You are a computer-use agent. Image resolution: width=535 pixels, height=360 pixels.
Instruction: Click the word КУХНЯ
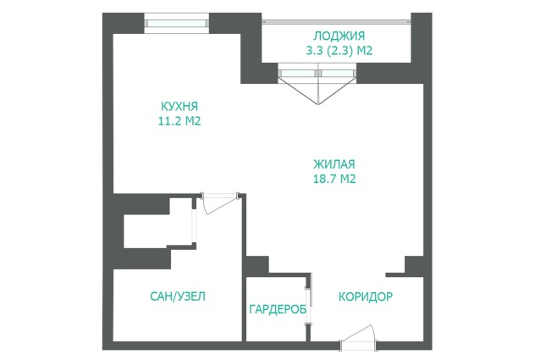[179, 106]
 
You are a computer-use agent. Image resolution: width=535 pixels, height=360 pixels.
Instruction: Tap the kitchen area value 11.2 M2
[179, 121]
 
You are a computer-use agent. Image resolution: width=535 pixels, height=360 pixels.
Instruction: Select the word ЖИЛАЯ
[334, 164]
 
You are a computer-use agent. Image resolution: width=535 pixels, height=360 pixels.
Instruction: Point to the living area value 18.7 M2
[334, 179]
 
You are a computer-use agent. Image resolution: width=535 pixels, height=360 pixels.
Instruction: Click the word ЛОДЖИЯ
[339, 36]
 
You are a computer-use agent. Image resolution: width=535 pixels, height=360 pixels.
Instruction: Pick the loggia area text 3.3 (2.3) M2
[339, 51]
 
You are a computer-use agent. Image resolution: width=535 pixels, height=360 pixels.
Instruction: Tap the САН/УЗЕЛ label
[178, 296]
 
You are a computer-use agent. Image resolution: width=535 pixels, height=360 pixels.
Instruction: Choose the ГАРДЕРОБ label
[278, 309]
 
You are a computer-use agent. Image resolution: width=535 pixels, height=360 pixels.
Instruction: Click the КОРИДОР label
[366, 296]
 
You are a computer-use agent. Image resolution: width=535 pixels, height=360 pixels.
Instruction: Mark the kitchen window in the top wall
[176, 23]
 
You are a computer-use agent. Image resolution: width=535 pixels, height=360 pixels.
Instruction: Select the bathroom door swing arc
[220, 204]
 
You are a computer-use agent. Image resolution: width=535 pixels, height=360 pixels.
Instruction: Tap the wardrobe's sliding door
[308, 307]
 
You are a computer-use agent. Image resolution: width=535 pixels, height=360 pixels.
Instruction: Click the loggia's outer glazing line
[336, 22]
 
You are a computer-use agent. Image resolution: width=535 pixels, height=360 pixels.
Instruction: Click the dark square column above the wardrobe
[257, 266]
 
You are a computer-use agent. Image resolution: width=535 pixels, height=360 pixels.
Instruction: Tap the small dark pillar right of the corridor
[414, 265]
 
